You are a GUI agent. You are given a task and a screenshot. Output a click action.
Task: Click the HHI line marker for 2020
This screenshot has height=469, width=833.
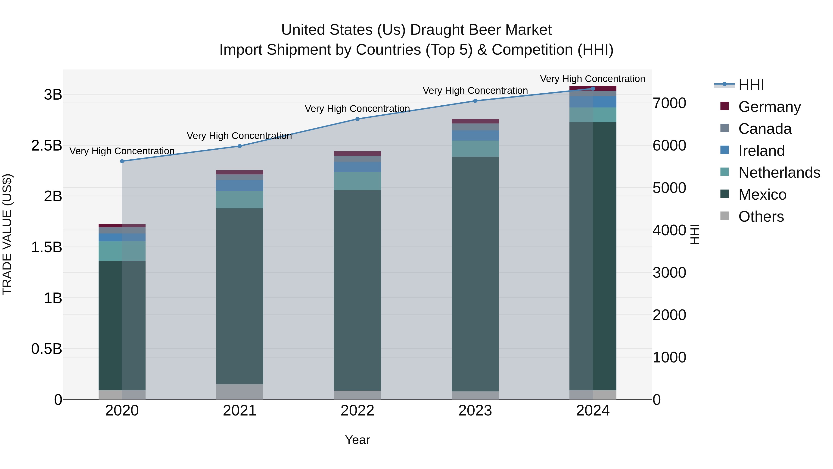[122, 161]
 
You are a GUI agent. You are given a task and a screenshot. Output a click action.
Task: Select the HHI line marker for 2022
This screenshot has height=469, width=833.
[357, 119]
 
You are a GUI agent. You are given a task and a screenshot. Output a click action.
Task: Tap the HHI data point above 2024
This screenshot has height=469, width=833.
[593, 89]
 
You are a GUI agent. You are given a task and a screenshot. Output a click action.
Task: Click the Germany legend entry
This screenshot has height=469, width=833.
[769, 107]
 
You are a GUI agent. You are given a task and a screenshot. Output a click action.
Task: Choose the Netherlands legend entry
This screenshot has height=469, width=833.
[779, 173]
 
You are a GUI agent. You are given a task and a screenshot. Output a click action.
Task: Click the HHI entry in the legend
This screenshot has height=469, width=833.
[751, 85]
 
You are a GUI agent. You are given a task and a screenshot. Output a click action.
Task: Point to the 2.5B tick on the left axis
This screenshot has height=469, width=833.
[46, 146]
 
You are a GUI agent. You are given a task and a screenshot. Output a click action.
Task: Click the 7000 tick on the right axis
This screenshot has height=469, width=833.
[669, 103]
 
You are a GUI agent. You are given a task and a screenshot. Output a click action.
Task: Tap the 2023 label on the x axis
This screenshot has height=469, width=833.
[475, 411]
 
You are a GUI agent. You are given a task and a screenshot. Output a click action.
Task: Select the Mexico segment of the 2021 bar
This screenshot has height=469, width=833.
[240, 296]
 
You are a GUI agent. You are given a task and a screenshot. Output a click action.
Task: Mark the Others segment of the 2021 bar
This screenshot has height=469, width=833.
[240, 392]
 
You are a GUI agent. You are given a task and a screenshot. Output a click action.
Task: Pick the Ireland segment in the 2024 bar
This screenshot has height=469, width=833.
[593, 102]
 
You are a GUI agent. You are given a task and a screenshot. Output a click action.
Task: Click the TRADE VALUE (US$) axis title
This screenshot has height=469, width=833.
[7, 234]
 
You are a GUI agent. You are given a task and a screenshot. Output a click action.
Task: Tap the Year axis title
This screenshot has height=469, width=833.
[357, 440]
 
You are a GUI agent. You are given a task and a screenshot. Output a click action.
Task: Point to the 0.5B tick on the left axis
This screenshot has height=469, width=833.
[46, 349]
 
